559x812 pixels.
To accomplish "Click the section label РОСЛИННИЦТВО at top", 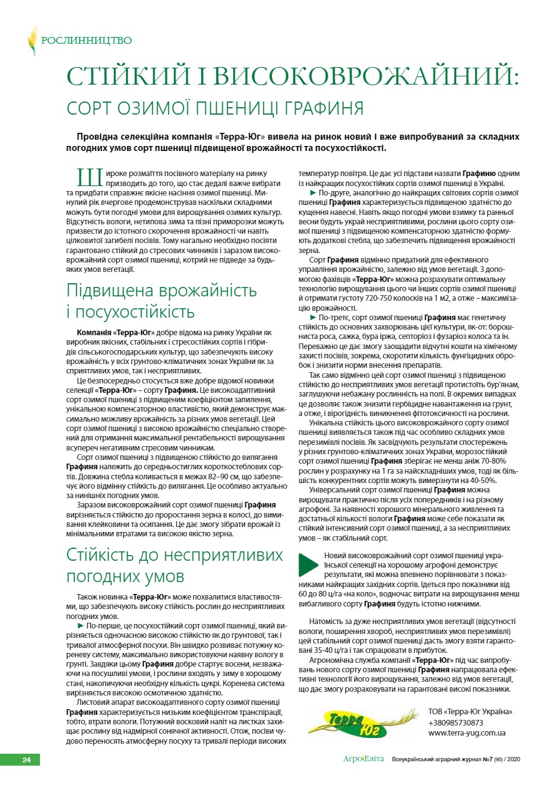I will click(x=86, y=41).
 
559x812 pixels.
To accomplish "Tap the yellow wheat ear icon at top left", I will click(x=32, y=41).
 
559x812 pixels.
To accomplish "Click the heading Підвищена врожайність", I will click(x=162, y=291).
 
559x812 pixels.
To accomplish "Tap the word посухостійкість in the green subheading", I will click(x=135, y=311).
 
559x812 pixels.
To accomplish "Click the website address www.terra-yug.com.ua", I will click(x=467, y=732).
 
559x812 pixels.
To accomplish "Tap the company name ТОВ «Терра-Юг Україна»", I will click(x=470, y=712).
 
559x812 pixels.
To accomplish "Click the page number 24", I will click(x=26, y=760).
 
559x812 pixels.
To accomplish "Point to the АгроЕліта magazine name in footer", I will click(x=363, y=759).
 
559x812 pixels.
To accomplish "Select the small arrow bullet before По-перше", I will click(x=80, y=625).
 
